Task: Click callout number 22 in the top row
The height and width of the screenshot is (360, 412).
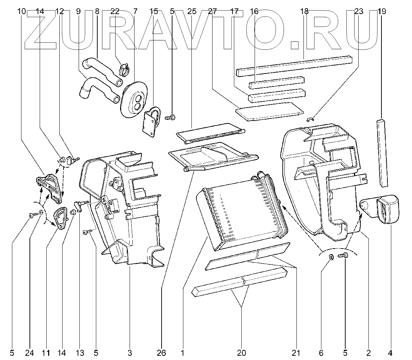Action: pyautogui.click(x=115, y=11)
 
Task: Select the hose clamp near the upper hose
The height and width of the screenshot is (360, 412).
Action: pyautogui.click(x=123, y=69)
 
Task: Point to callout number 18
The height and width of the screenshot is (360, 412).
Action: pyautogui.click(x=304, y=11)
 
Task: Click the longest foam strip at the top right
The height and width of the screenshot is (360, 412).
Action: pyautogui.click(x=294, y=65)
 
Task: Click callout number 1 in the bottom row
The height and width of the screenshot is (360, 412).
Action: pyautogui.click(x=183, y=352)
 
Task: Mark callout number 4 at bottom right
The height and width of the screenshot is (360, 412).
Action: pyautogui.click(x=391, y=352)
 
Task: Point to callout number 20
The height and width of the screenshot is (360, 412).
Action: pyautogui.click(x=242, y=352)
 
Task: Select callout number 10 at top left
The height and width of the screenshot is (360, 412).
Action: pyautogui.click(x=21, y=11)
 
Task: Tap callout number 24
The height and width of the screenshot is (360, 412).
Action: pyautogui.click(x=30, y=352)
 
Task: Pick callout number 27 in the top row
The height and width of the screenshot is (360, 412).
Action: pyautogui.click(x=212, y=11)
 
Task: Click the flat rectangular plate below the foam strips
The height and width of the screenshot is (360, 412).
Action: pyautogui.click(x=269, y=110)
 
